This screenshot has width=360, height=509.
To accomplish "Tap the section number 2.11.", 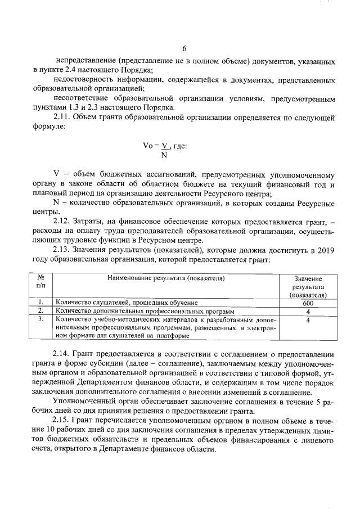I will (x=63, y=118).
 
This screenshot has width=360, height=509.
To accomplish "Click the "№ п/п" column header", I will (x=40, y=282).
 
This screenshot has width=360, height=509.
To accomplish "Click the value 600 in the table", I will (x=308, y=303).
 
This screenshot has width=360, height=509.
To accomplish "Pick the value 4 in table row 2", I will (x=308, y=311).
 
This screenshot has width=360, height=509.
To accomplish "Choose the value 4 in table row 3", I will (x=308, y=319).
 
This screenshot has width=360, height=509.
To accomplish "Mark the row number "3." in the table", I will (x=40, y=319).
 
